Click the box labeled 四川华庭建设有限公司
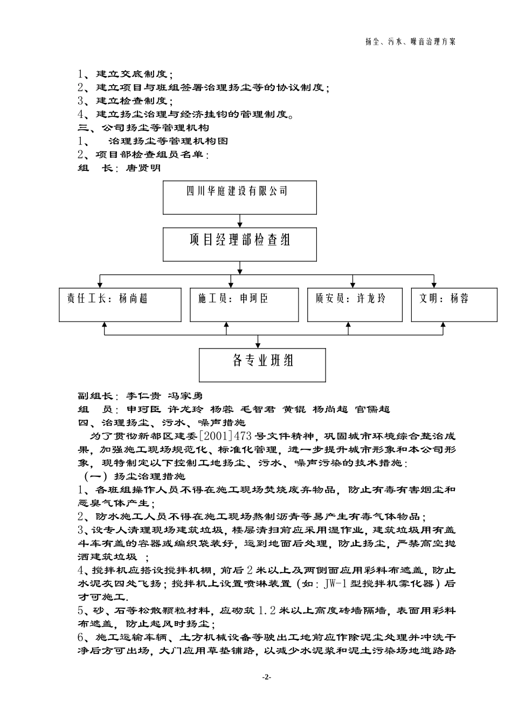click(x=239, y=197)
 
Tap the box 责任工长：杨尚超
click(x=120, y=305)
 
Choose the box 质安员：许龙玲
click(x=355, y=305)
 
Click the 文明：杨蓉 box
click(x=454, y=305)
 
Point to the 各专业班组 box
click(x=262, y=365)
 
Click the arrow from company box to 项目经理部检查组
click(x=239, y=220)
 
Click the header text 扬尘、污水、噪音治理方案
click(x=410, y=41)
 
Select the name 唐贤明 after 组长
click(x=143, y=168)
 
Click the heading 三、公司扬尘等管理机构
click(x=143, y=128)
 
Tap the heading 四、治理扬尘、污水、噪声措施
click(x=162, y=422)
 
